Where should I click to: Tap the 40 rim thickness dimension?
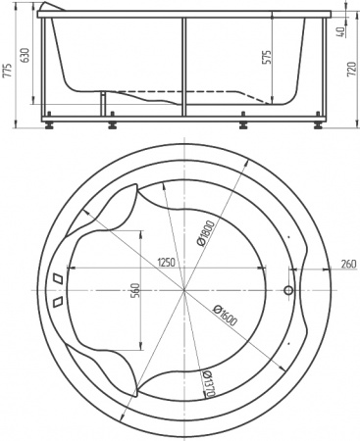click(x=340, y=30)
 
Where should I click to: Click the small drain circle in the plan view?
click(x=288, y=291)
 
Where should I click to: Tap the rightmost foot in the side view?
click(x=321, y=125)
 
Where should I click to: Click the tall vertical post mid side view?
click(x=183, y=69)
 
